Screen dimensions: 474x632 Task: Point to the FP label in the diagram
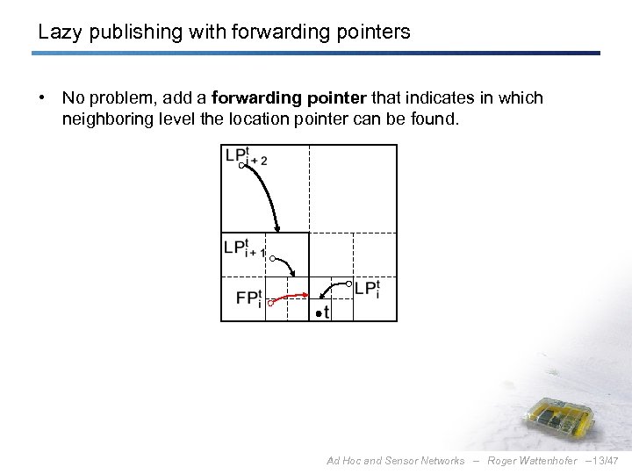tap(248, 298)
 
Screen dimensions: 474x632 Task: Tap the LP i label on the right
tap(367, 288)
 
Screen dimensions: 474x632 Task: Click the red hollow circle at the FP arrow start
tap(271, 303)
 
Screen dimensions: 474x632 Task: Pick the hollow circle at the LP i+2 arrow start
tap(241, 165)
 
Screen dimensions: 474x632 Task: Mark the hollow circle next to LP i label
tap(348, 284)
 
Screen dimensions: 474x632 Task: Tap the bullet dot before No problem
tap(42, 98)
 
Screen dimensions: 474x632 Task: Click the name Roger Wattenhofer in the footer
tap(533, 461)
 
